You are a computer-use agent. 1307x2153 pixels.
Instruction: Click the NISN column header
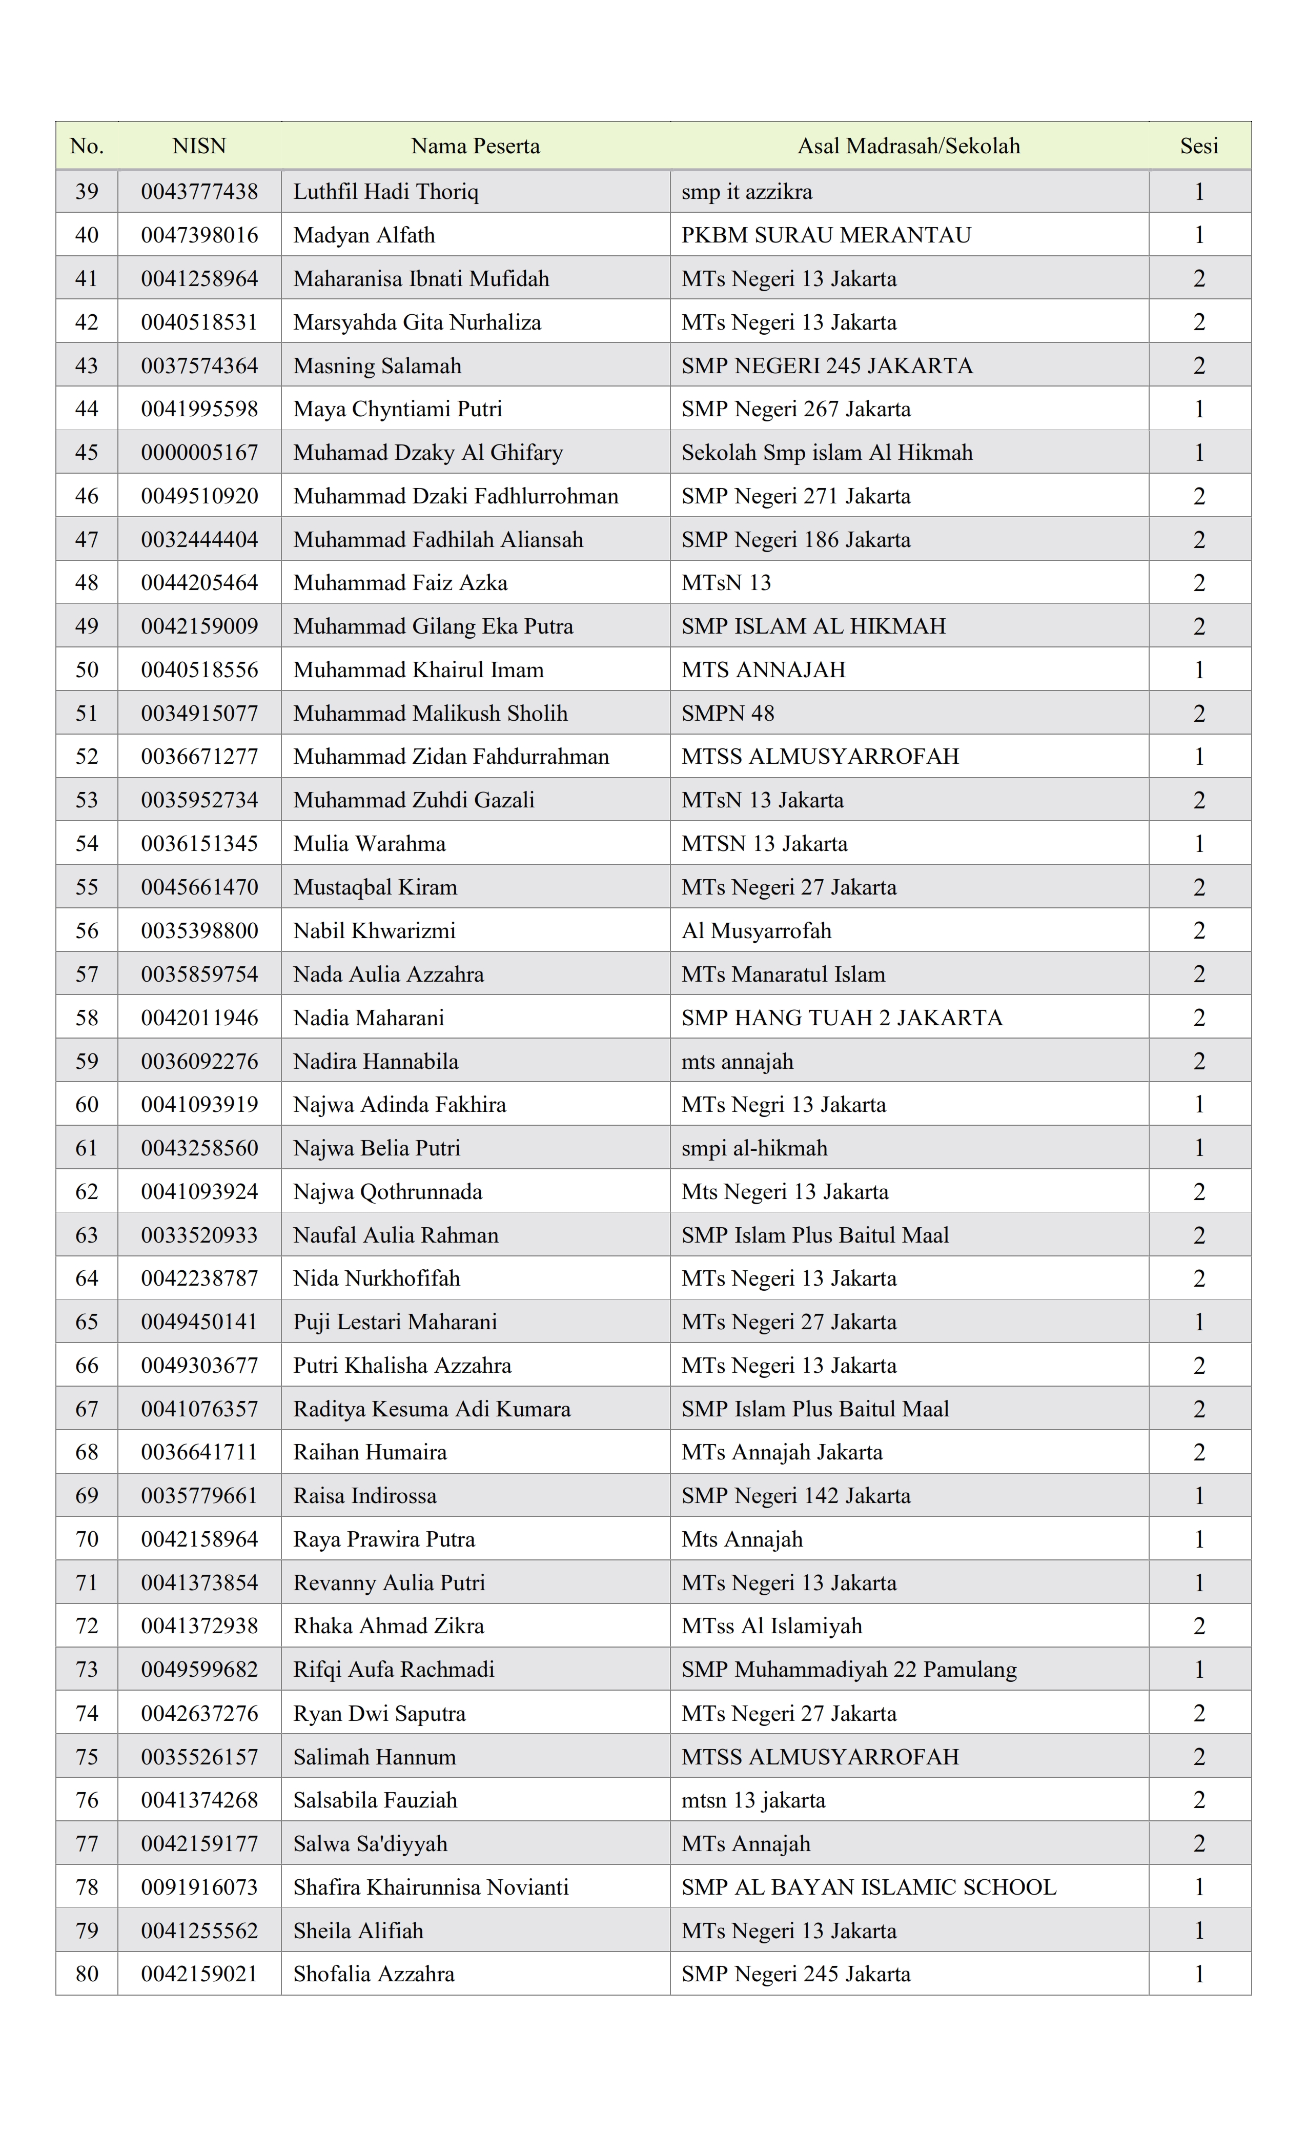click(199, 146)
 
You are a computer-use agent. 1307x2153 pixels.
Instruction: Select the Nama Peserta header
click(475, 146)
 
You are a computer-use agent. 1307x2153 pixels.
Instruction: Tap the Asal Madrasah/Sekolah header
click(909, 146)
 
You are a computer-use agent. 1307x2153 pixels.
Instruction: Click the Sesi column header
click(1199, 146)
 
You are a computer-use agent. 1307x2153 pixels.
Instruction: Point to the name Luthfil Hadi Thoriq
click(385, 191)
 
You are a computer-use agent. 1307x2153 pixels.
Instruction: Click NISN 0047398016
click(199, 235)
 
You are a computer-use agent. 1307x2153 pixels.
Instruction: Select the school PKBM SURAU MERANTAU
click(826, 235)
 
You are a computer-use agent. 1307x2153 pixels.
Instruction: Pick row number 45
click(87, 453)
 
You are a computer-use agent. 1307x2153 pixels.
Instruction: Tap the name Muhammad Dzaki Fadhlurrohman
click(455, 496)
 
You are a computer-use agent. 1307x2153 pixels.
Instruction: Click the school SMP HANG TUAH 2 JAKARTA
click(841, 1018)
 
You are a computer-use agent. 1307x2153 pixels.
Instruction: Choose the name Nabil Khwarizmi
click(374, 930)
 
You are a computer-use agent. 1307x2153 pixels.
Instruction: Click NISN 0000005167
click(199, 453)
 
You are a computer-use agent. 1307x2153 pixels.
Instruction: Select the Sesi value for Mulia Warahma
click(1199, 844)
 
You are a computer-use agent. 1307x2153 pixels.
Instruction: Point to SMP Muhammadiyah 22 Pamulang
click(848, 1670)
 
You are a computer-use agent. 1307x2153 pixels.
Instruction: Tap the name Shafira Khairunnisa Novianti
click(431, 1887)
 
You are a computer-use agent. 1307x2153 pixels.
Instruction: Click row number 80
click(87, 1974)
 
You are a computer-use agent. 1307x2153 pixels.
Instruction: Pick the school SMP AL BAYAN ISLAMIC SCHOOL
click(868, 1887)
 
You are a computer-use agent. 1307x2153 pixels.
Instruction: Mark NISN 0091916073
click(199, 1887)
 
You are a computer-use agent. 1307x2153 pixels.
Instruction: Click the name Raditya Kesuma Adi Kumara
click(432, 1409)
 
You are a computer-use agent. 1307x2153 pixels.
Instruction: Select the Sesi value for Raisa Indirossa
click(1199, 1496)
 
